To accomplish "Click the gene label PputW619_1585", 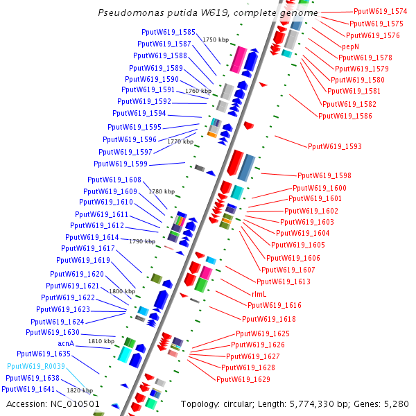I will [168, 32].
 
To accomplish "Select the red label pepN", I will [350, 46].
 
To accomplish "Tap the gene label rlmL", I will [264, 293].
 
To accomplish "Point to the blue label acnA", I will [65, 343].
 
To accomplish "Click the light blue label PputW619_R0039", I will [36, 366].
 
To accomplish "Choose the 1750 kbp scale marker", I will [215, 40].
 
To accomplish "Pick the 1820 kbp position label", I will [79, 390].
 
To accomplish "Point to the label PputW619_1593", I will [335, 146].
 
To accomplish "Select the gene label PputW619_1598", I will [324, 176].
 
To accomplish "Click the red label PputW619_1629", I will [243, 379].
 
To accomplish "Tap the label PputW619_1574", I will [381, 11].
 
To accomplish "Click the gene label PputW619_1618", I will [268, 319].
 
